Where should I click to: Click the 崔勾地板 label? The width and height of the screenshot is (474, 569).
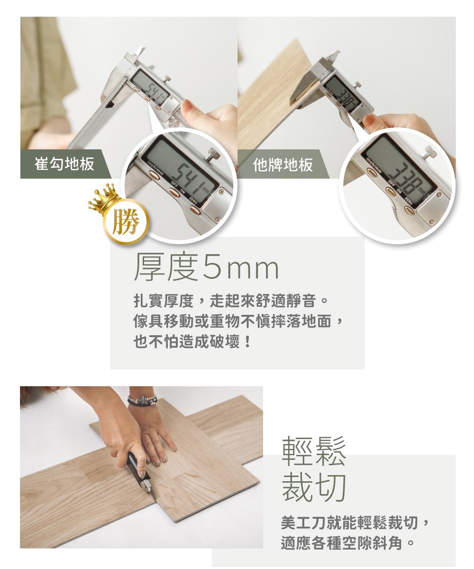pyautogui.click(x=64, y=164)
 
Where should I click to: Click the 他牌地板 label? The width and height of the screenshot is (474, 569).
pyautogui.click(x=283, y=165)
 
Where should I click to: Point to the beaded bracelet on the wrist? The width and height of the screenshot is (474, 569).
pyautogui.click(x=142, y=400)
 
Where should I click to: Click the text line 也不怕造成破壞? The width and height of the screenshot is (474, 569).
pyautogui.click(x=192, y=341)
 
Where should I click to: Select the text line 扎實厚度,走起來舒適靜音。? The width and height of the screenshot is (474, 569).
pyautogui.click(x=231, y=301)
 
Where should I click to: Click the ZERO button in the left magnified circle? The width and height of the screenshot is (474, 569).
pyautogui.click(x=195, y=210)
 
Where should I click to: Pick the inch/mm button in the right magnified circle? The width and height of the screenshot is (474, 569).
pyautogui.click(x=372, y=173)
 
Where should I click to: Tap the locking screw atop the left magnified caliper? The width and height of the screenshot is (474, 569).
pyautogui.click(x=214, y=154)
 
